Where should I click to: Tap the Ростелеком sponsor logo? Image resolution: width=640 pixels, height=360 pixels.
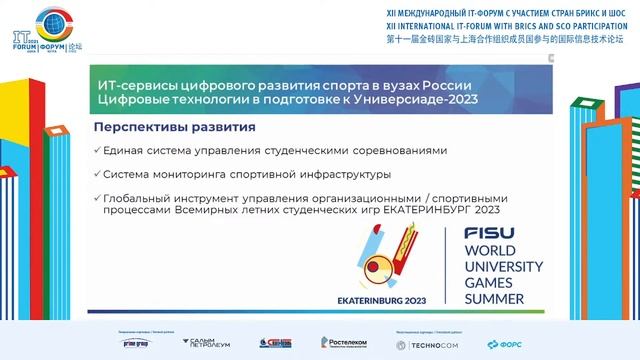343,343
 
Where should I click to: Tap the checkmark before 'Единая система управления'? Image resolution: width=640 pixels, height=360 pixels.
96,150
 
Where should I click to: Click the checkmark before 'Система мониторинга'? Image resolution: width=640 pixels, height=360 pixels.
96,172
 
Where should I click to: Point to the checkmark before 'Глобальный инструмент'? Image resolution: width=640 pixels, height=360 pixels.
96,195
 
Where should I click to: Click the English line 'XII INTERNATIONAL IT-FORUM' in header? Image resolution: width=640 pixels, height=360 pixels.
497,25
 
